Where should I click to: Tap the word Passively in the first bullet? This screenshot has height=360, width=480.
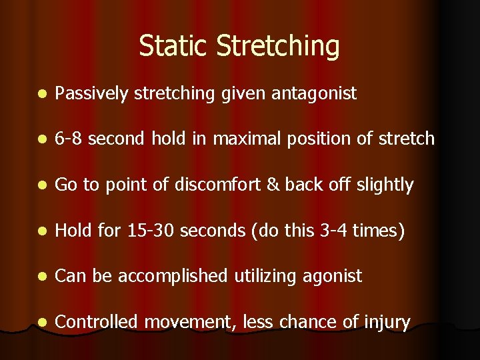click(x=92, y=93)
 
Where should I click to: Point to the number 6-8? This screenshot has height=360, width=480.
click(x=69, y=139)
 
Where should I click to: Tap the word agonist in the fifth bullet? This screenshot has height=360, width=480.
click(x=333, y=277)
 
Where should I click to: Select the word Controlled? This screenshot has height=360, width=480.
click(x=97, y=322)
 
